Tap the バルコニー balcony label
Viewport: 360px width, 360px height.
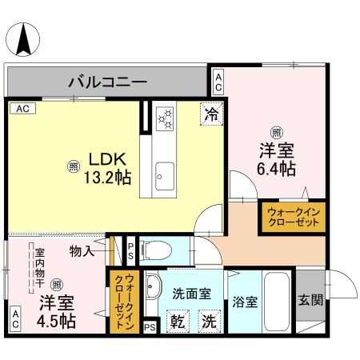click(111, 81)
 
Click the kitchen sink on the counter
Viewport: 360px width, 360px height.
click(166, 172)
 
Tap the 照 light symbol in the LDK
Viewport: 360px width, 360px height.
click(73, 166)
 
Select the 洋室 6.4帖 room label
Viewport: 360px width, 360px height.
click(276, 158)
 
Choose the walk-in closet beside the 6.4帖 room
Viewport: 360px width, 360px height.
click(292, 216)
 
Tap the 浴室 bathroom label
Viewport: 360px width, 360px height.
click(245, 302)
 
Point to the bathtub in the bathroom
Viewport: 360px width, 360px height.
click(278, 302)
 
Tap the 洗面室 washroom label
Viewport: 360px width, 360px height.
click(193, 294)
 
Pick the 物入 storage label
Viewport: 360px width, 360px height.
click(82, 250)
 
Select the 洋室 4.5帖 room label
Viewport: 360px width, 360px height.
click(56, 311)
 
